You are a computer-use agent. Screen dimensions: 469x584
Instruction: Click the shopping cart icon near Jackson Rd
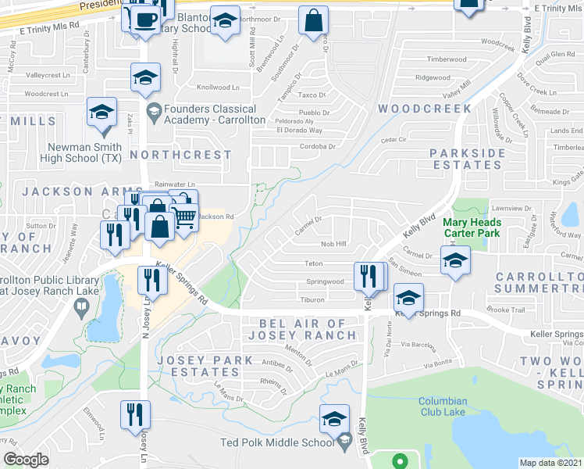184,216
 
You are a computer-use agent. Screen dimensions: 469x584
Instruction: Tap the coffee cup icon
144,19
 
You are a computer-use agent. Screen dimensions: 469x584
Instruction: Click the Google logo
26,459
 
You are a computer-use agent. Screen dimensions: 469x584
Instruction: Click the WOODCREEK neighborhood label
425,109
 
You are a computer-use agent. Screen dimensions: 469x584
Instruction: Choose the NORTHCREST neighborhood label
180,155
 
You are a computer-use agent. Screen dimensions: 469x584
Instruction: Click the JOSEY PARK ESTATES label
205,367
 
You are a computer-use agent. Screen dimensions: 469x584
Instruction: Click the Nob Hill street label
333,244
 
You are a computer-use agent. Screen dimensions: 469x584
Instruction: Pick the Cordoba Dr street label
317,146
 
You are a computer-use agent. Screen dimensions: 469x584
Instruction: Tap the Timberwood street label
447,59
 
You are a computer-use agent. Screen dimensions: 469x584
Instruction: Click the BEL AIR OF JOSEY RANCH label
301,329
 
